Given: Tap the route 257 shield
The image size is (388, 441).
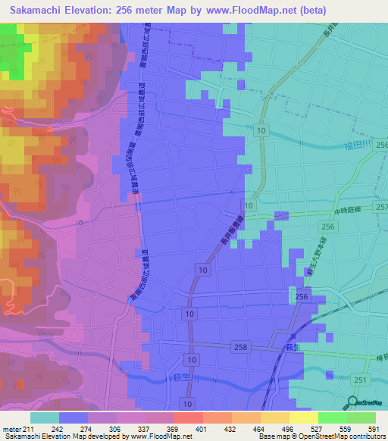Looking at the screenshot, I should pos(380,208).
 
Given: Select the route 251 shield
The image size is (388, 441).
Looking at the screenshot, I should pos(361,380).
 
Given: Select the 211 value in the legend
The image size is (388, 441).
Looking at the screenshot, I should pos(29,429).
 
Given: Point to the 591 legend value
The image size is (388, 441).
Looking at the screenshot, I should pos(371,429).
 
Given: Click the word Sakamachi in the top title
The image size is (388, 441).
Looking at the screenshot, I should pos(36,11).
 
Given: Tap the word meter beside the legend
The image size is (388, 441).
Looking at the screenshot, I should pos(12,429).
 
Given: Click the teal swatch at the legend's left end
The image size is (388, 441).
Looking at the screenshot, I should pos(44,418).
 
